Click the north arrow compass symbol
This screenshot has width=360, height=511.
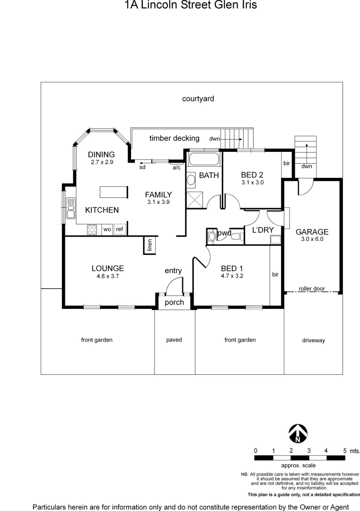click(298, 433)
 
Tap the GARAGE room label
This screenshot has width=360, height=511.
click(312, 232)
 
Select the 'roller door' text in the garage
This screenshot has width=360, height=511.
click(312, 288)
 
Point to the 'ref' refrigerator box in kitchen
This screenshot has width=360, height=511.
click(120, 229)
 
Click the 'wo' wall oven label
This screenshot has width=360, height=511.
click(107, 229)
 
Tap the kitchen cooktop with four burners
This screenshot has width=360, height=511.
click(93, 229)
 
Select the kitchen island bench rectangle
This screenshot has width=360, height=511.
click(114, 192)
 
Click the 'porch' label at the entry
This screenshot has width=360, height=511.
click(174, 302)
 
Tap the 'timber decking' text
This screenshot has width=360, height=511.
click(175, 138)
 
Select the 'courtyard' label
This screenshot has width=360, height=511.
click(198, 99)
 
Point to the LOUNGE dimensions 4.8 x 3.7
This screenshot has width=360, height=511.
click(108, 276)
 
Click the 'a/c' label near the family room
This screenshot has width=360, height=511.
click(176, 167)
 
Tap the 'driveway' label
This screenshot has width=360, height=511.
click(314, 340)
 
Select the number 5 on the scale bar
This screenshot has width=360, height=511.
click(344, 450)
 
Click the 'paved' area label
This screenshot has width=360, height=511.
click(174, 340)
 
